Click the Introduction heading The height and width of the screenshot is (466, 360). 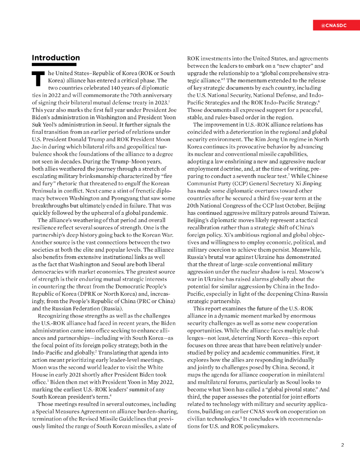56,58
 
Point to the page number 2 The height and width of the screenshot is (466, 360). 342,445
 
